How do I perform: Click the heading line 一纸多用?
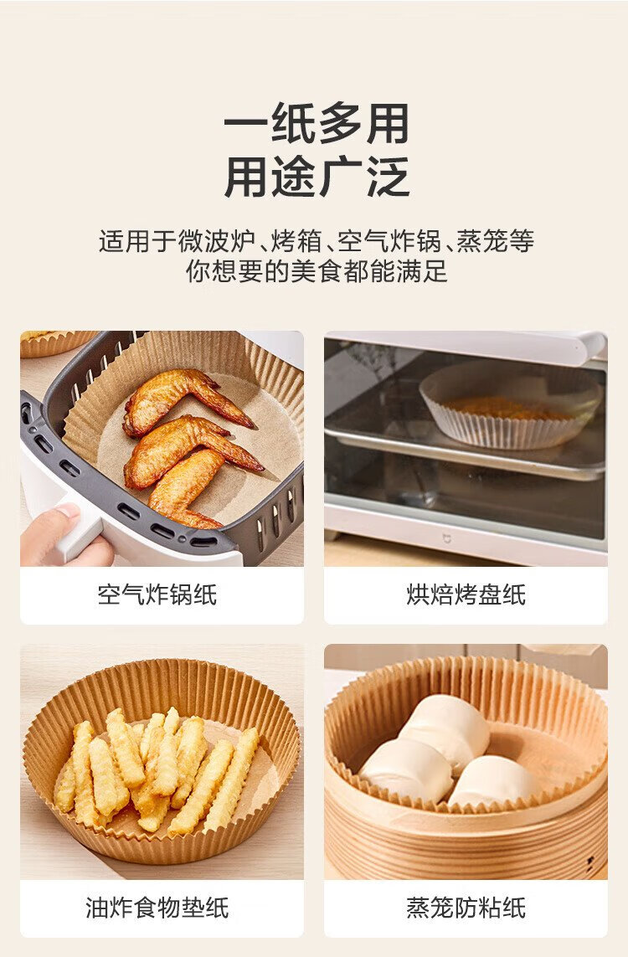[x=316, y=124]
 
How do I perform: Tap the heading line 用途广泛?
[x=316, y=177]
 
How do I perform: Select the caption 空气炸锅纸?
[x=157, y=594]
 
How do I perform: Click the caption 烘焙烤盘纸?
[x=466, y=594]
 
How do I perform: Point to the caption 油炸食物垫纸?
[x=157, y=908]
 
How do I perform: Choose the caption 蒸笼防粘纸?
[x=466, y=908]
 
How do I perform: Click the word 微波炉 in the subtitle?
[x=216, y=241]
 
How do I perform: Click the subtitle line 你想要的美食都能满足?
[x=317, y=271]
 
